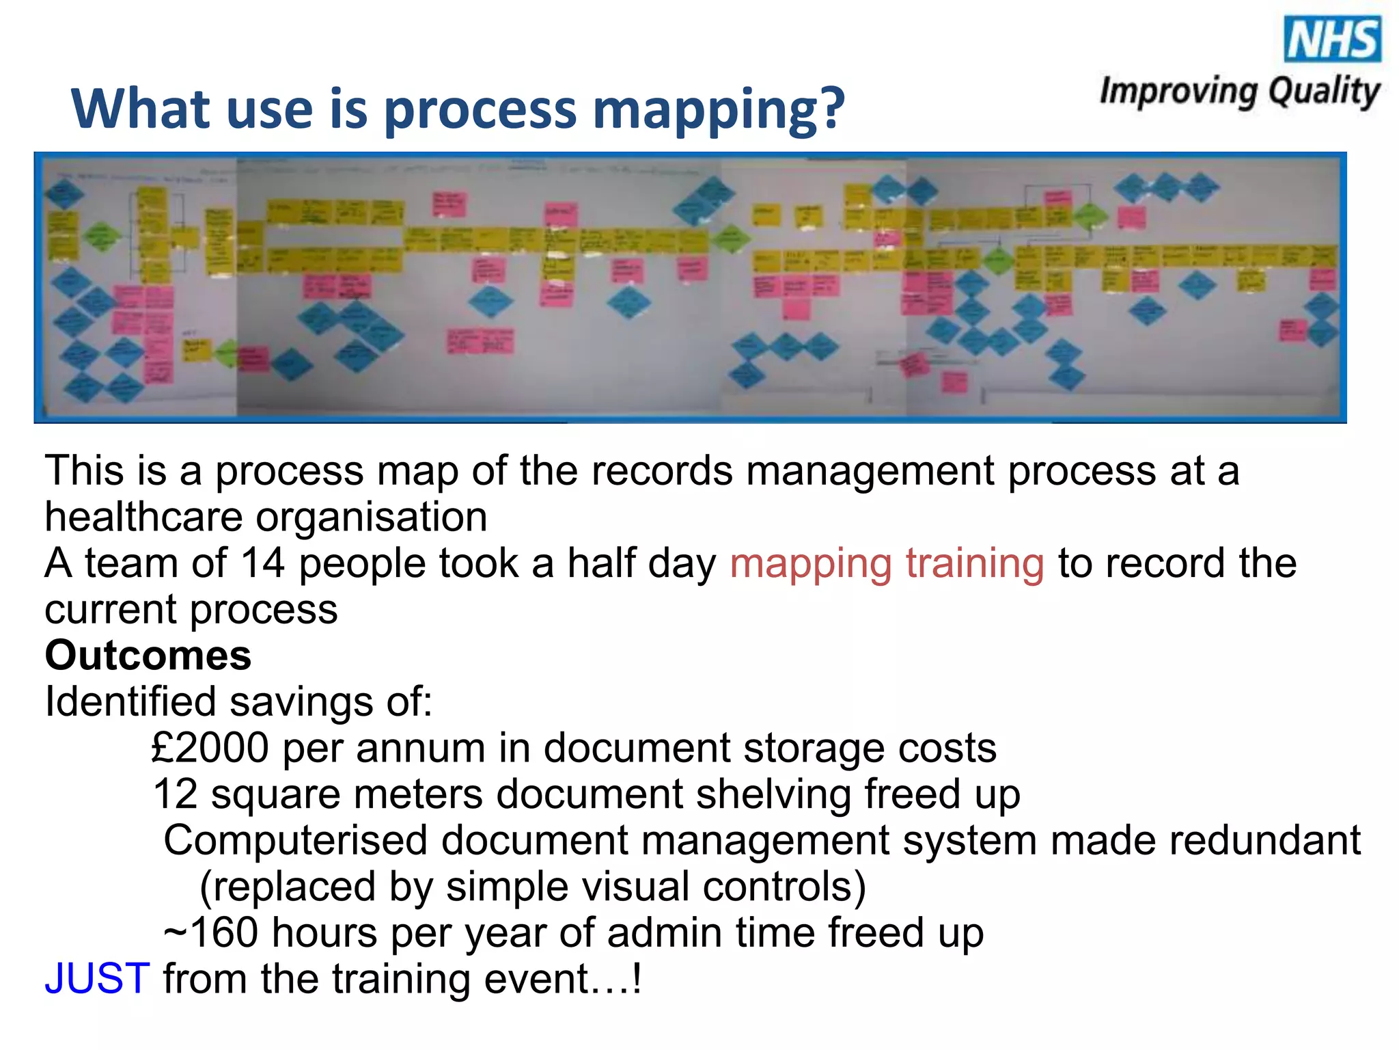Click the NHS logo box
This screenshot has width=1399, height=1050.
1332,39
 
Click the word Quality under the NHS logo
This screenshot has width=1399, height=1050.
1324,92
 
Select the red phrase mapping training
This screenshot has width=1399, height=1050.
887,563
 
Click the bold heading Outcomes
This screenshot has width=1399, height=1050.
148,656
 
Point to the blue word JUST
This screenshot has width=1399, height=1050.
97,978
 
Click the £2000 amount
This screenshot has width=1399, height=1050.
210,748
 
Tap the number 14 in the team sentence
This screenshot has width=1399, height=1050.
262,563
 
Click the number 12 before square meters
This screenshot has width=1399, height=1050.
175,794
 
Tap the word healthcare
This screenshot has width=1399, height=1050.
143,517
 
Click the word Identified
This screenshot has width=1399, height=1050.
130,702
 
